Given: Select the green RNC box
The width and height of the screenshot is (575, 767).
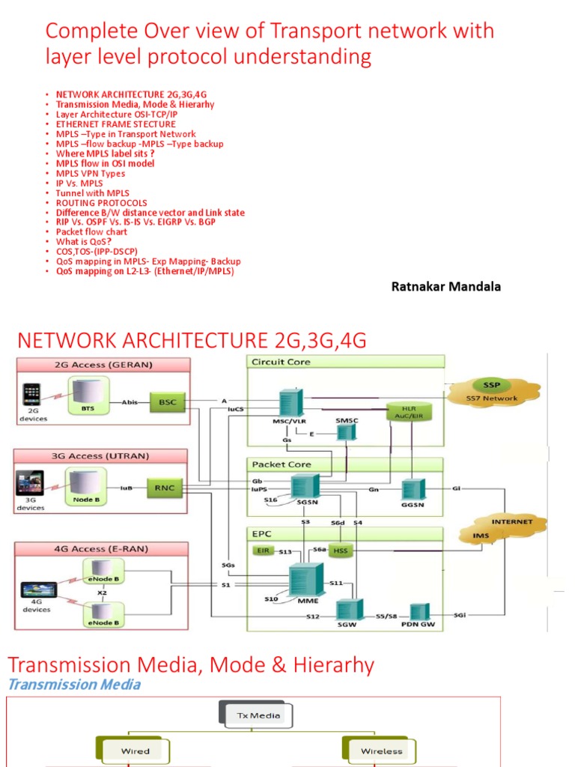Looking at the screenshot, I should pos(166,488).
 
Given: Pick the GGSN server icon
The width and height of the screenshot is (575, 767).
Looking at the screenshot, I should pos(413,491).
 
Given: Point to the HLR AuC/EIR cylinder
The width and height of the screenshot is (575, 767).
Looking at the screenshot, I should pos(407,412).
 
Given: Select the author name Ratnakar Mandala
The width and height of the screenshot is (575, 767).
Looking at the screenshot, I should pos(446,287).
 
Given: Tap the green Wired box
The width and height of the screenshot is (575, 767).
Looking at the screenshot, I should pos(135,750).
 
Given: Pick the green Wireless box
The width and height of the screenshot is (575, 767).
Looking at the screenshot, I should pos(380,750).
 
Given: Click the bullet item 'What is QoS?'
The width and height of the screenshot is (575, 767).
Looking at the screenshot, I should pos(83,242).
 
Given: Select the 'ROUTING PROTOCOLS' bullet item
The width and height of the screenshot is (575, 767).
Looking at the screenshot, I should pos(101,203).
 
